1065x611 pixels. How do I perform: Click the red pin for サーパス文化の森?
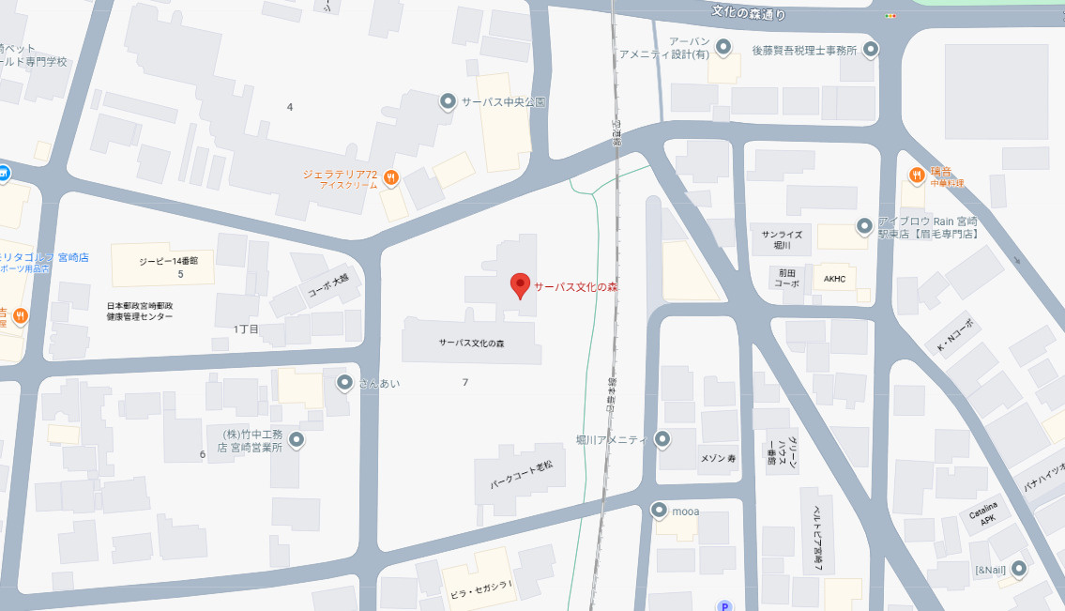(x=520, y=285)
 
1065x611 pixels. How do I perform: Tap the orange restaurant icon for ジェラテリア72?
(x=391, y=176)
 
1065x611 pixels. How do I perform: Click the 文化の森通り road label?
(x=748, y=13)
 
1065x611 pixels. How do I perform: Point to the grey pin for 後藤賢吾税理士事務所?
(x=871, y=50)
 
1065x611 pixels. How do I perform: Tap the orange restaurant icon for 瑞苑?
(x=916, y=175)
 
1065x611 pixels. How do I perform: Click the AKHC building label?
(x=834, y=279)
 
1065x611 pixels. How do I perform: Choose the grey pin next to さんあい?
(x=344, y=382)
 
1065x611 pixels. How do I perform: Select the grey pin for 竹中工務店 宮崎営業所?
(x=297, y=439)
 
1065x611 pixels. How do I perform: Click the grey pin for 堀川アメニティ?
(x=662, y=439)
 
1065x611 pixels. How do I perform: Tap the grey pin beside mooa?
(x=659, y=511)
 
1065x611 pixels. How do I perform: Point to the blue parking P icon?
(x=723, y=606)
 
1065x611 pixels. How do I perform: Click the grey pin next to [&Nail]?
(x=1018, y=569)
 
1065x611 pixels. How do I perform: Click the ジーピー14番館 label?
(x=167, y=261)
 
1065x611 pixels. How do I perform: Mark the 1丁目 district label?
(x=246, y=328)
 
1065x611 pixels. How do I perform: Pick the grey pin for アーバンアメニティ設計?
(x=723, y=46)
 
